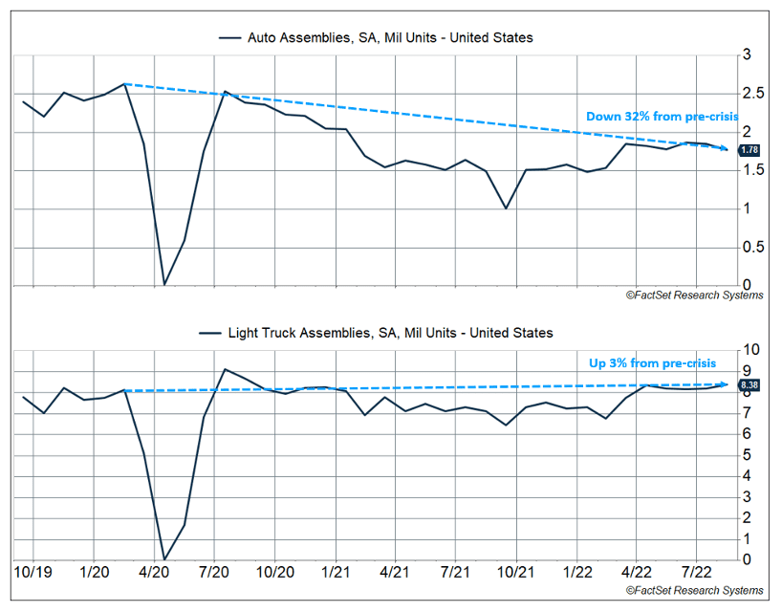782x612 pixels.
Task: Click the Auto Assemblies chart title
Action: pos(376,37)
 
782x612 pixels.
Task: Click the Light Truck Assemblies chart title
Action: pos(376,333)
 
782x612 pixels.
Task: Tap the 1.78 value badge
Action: pos(749,150)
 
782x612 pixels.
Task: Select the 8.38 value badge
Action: pos(749,385)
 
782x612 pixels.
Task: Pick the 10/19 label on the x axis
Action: pos(33,572)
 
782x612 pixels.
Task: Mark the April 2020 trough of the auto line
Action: pos(164,283)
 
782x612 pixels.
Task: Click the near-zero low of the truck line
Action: pos(164,558)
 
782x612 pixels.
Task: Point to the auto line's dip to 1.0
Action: pos(506,208)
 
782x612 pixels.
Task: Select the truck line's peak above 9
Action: pos(224,369)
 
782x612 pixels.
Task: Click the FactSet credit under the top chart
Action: pos(694,295)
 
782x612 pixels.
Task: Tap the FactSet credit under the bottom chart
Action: pos(694,590)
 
